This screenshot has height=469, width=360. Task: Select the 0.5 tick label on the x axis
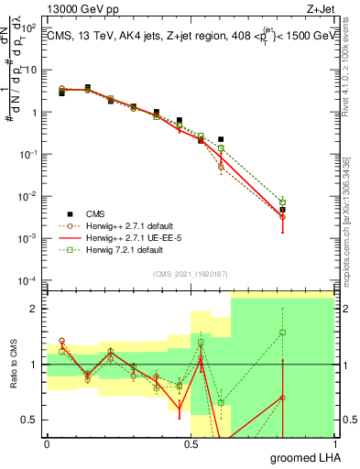191,442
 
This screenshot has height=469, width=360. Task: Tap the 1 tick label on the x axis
335,442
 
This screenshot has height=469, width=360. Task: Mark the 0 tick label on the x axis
47,442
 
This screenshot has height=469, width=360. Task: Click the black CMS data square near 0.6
221,139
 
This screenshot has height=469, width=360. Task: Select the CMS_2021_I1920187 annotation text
191,274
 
